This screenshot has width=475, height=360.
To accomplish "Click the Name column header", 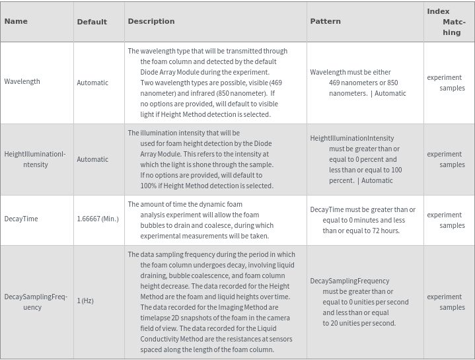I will pos(16,21).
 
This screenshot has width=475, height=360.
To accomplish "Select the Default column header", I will pos(92,22).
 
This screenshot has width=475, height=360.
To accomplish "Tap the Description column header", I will pos(151,21).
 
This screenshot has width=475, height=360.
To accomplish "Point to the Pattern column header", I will pos(325,21).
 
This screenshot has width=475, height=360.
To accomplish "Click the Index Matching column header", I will pos(447,22).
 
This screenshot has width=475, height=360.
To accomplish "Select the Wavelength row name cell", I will pos(22,82).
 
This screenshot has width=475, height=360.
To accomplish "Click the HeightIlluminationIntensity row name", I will pos(35,159).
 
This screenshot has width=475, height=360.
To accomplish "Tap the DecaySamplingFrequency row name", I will pos(36,302).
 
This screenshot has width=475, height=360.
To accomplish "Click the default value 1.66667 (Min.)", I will pos(98,219).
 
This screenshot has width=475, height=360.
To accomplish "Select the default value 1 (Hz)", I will pos(85,301).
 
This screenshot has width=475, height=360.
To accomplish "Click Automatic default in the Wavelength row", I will pos(92,83).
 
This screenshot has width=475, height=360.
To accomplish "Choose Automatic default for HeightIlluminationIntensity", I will pos(92,159).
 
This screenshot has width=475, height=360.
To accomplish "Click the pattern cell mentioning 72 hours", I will pos(363,220).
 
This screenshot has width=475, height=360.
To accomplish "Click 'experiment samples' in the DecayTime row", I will pos(446,220).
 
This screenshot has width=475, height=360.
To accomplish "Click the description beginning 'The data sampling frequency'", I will pos(211,302).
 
